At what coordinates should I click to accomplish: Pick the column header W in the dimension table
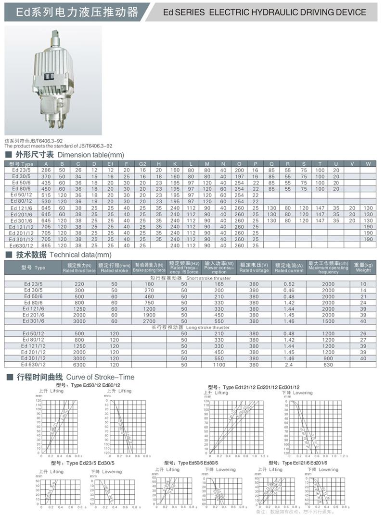368,164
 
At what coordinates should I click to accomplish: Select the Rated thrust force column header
79,268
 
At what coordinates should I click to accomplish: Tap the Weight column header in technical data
363,268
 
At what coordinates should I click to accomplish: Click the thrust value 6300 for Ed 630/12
79,364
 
